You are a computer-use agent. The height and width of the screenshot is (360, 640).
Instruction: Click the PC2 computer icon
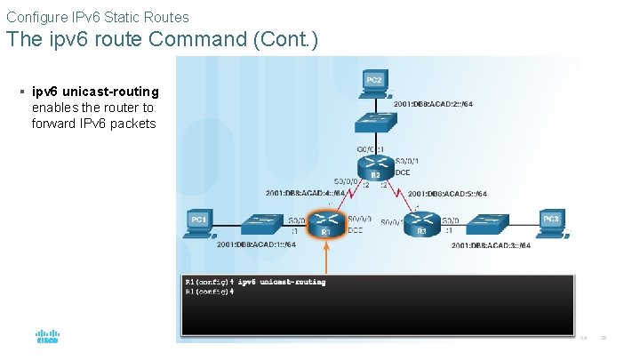374,82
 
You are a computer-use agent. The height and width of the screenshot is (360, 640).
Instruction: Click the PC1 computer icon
198,222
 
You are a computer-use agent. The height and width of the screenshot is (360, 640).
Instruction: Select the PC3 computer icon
552,222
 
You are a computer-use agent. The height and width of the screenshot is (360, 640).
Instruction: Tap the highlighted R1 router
326,223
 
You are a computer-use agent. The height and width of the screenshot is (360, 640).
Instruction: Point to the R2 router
375,165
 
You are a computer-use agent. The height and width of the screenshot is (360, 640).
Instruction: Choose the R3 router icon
422,223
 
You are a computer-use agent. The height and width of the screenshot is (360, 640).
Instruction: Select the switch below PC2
374,121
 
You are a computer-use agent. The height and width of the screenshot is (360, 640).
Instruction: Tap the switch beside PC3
488,223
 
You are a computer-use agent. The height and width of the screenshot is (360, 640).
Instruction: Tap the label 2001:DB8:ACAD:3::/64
491,244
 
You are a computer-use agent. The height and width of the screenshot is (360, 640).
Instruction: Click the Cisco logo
47,337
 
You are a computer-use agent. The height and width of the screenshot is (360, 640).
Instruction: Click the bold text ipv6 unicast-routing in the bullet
95,92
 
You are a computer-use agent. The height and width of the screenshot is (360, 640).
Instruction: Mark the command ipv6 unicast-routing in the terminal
282,282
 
